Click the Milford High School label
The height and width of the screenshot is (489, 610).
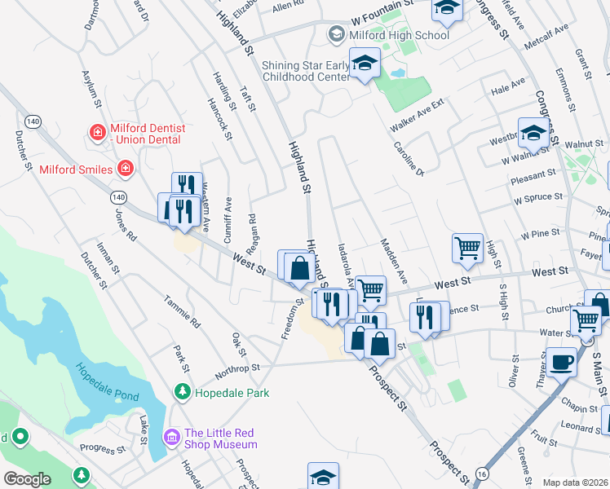(x=398, y=35)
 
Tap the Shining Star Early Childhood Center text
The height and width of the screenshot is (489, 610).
(x=305, y=72)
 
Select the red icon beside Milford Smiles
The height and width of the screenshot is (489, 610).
(x=125, y=169)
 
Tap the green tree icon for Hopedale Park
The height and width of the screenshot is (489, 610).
(x=182, y=393)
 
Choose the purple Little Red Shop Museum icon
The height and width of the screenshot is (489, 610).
(x=172, y=438)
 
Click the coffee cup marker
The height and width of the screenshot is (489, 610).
(x=560, y=361)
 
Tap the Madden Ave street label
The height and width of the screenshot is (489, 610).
(x=392, y=261)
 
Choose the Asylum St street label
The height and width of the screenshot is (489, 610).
(x=89, y=90)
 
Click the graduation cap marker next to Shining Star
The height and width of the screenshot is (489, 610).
(x=365, y=64)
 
